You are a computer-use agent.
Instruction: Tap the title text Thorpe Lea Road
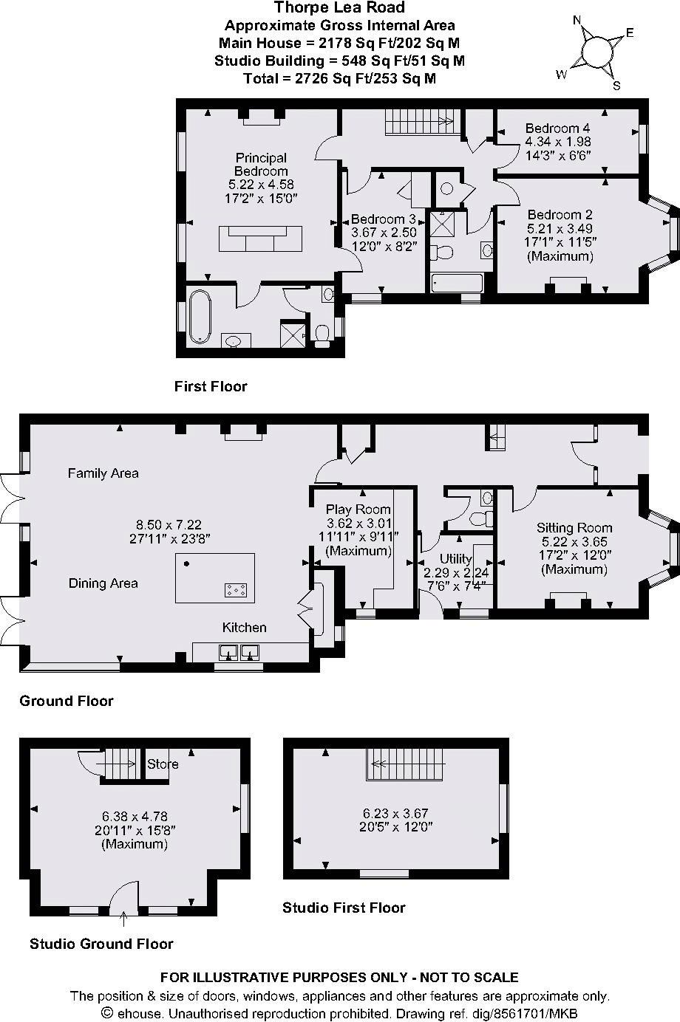pyautogui.click(x=339, y=8)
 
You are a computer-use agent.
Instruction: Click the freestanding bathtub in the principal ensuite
pyautogui.click(x=200, y=317)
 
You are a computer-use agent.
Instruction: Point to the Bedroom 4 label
pyautogui.click(x=557, y=128)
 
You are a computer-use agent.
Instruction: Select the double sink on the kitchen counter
pyautogui.click(x=237, y=651)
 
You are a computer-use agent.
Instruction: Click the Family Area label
pyautogui.click(x=103, y=473)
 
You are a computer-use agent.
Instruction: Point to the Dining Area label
pyautogui.click(x=103, y=583)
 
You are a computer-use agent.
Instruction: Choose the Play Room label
pyautogui.click(x=358, y=510)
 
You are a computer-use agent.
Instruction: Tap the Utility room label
pyautogui.click(x=455, y=559)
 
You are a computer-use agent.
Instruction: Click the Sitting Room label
pyautogui.click(x=574, y=528)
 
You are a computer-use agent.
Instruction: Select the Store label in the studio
pyautogui.click(x=163, y=764)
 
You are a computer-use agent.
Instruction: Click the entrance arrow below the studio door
pyautogui.click(x=123, y=918)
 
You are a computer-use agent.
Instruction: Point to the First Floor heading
pyautogui.click(x=211, y=386)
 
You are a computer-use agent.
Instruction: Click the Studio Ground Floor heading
pyautogui.click(x=101, y=944)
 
